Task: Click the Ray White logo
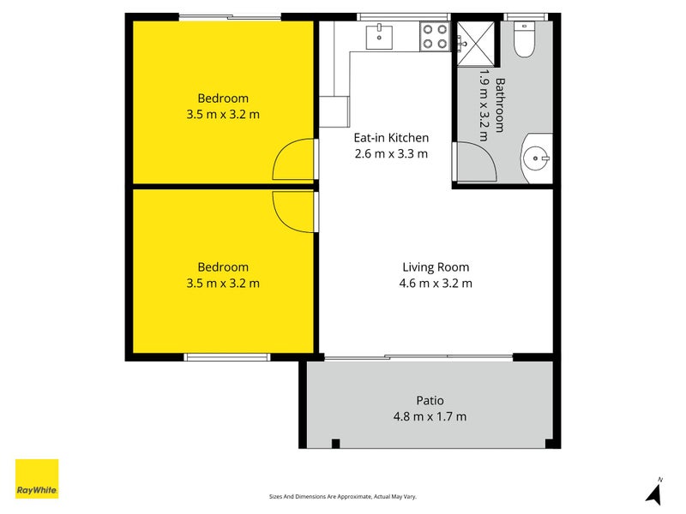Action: pos(37,479)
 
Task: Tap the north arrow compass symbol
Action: pos(655,492)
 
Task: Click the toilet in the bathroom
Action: pos(524,40)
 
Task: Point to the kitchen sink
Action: pos(379,37)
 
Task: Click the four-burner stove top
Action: pos(436,36)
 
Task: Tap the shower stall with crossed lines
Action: pos(476,44)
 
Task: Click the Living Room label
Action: pos(436,267)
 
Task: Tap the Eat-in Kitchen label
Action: pos(391,138)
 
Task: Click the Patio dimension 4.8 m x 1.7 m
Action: pos(430,416)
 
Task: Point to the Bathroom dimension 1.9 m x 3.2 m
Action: pos(484,105)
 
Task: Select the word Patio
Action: pos(430,400)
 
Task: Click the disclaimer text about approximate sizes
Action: pos(342,497)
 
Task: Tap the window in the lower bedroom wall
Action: pos(226,357)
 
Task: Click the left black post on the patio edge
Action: pos(335,444)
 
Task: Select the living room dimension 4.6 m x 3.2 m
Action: pos(436,284)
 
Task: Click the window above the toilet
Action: pos(525,17)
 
